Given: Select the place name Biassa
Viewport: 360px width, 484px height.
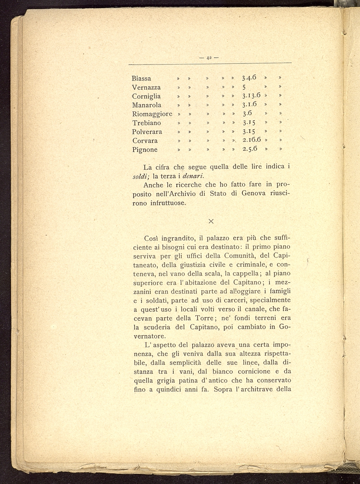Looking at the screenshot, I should click(x=141, y=78).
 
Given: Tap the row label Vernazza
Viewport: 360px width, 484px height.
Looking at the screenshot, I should click(x=146, y=87).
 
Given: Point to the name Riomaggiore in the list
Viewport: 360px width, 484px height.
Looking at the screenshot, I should click(x=152, y=114).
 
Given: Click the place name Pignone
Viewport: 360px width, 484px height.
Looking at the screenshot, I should click(x=145, y=150).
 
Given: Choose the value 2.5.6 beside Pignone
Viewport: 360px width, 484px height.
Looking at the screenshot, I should click(x=250, y=149).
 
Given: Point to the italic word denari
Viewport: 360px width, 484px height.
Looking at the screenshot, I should click(x=193, y=176).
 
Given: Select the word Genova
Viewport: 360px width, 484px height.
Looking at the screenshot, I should click(x=254, y=194).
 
